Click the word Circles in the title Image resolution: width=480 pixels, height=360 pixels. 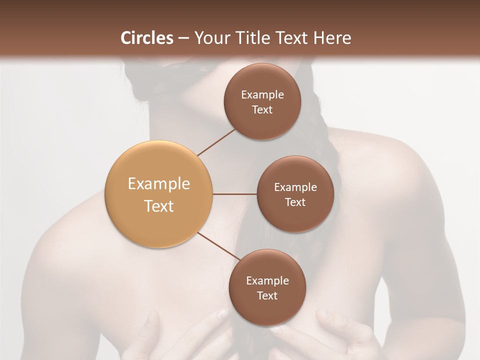click(147, 38)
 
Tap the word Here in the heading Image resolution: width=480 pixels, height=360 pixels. click(332, 38)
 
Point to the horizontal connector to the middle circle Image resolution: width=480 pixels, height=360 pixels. click(234, 194)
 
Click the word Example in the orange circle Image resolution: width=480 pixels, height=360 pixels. click(158, 184)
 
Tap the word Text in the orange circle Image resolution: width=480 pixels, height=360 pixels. click(158, 206)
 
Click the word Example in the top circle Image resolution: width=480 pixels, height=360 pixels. click(262, 94)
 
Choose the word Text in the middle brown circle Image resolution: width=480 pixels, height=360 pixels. click(295, 202)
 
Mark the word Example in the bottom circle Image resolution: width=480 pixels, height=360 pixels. click(267, 280)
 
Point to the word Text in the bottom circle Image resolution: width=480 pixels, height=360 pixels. click(267, 295)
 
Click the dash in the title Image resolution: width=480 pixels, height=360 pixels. click(183, 38)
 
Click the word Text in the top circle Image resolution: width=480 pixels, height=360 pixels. click(262, 109)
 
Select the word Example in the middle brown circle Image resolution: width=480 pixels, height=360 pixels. click(295, 187)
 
